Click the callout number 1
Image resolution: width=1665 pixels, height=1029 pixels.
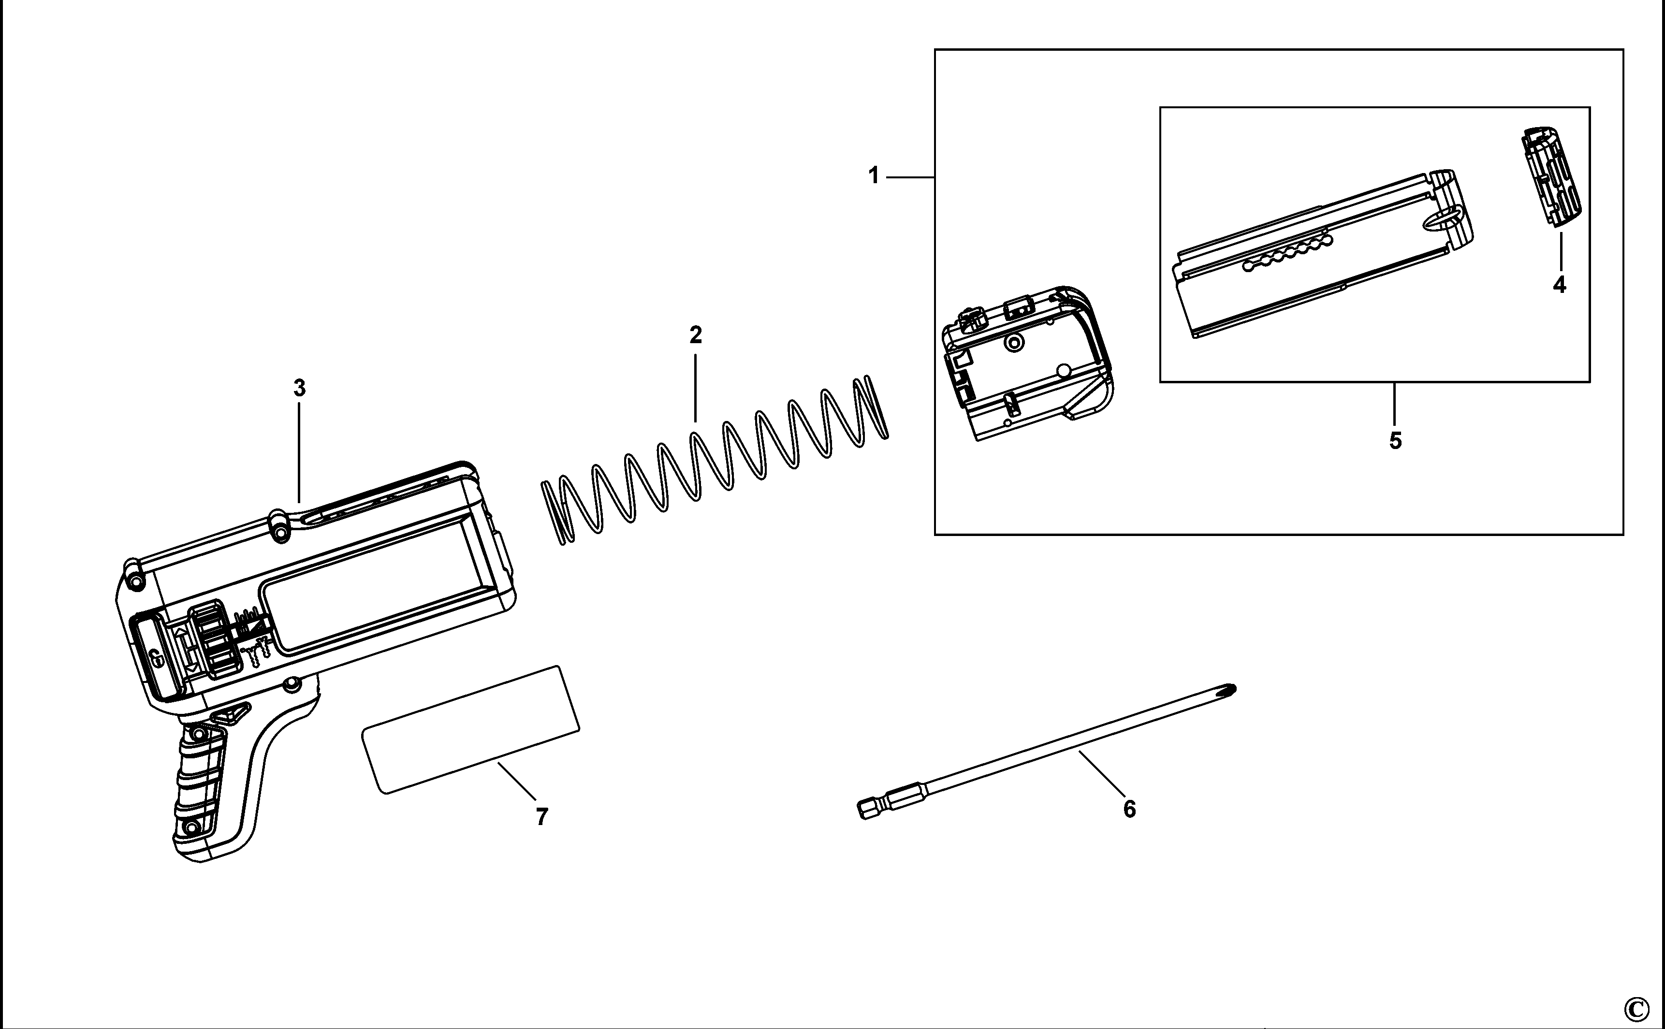coord(873,176)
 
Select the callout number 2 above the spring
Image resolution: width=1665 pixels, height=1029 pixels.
coord(695,335)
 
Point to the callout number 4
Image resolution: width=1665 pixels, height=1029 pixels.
coord(1559,284)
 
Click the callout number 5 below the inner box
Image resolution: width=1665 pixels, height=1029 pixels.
coord(1395,441)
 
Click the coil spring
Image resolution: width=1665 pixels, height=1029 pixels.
coord(715,463)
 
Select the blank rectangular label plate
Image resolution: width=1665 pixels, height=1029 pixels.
coord(470,729)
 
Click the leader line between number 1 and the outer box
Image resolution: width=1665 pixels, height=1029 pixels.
coord(910,177)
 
